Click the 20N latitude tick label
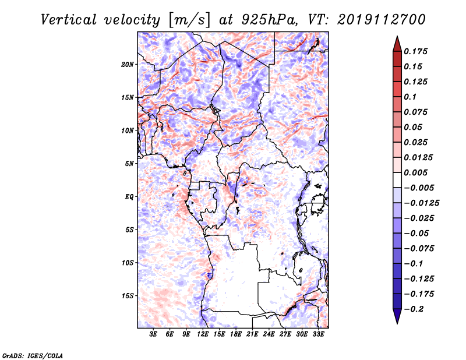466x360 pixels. tap(128, 65)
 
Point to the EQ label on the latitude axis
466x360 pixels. tap(129, 197)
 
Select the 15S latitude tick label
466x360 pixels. tap(128, 296)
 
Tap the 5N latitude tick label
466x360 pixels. tap(129, 164)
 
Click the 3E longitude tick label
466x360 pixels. tap(153, 334)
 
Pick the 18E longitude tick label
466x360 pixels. tap(236, 334)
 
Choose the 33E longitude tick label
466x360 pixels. tap(318, 334)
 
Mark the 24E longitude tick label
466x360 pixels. tap(269, 334)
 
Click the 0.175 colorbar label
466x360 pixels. tap(416, 51)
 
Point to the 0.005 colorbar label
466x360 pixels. tap(416, 172)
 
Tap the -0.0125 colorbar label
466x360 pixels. tap(422, 203)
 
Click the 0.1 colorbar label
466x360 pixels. tap(410, 97)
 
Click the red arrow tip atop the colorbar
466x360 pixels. tap(397, 37)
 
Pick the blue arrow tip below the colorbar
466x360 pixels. tap(397, 323)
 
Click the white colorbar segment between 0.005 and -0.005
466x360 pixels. tap(397, 180)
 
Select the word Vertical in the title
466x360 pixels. tap(69, 20)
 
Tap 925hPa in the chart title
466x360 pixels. tap(269, 20)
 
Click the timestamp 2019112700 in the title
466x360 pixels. tap(382, 20)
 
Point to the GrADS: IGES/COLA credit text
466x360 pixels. tap(33, 355)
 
